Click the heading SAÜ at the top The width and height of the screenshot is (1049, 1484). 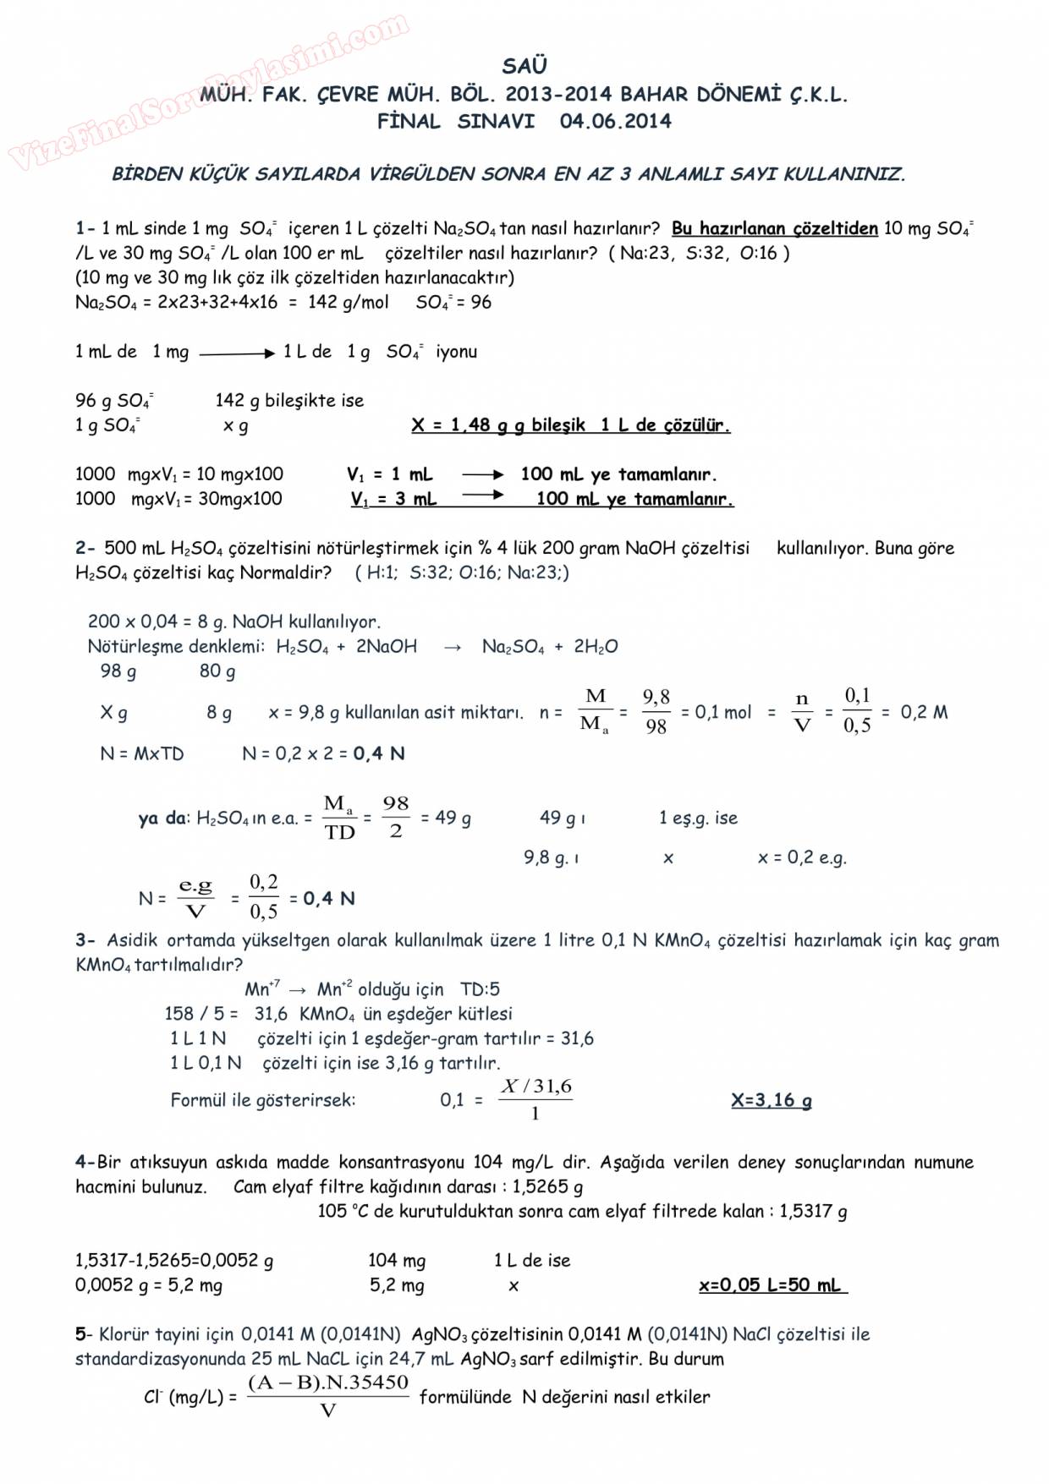524,66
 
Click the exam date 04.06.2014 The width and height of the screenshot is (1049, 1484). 615,121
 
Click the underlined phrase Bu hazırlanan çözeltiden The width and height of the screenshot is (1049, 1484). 774,228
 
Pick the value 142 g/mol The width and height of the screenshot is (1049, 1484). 349,302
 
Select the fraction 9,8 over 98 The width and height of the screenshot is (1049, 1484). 656,712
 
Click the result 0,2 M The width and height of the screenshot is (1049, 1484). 924,712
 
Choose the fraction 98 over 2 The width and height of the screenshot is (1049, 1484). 395,817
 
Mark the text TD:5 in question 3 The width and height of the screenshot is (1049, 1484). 480,988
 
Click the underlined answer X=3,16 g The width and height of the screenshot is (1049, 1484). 771,1100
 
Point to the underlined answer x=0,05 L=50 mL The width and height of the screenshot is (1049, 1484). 771,1285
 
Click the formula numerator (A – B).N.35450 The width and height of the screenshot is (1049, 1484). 328,1383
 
